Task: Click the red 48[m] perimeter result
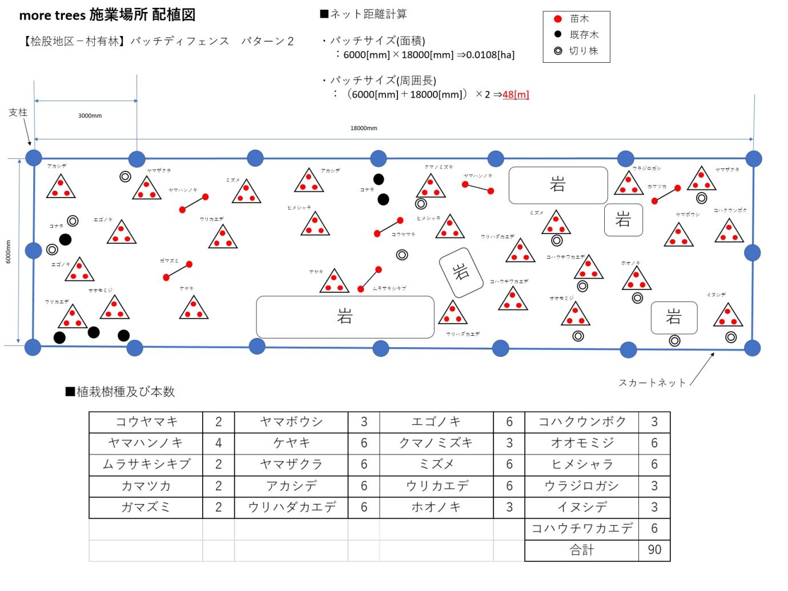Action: (x=516, y=95)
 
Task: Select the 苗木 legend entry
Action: (x=579, y=19)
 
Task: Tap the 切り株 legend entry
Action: (x=583, y=51)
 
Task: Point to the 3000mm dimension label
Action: (x=90, y=116)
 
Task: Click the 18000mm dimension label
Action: (x=364, y=128)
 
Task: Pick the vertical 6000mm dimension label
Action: (x=8, y=252)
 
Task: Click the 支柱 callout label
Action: (x=18, y=112)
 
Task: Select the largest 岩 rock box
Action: (x=345, y=316)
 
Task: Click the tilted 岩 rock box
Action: (x=461, y=272)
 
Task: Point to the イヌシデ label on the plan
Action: (x=716, y=295)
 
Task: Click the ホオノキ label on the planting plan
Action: (x=631, y=263)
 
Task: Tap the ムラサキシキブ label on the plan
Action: (x=389, y=288)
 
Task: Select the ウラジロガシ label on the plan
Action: (x=646, y=168)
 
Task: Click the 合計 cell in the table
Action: (x=581, y=550)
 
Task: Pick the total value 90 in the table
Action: (x=654, y=550)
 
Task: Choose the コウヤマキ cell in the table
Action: (x=146, y=422)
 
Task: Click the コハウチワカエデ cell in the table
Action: (x=581, y=529)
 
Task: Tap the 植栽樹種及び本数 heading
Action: (x=125, y=392)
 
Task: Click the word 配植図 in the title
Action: (x=174, y=15)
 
